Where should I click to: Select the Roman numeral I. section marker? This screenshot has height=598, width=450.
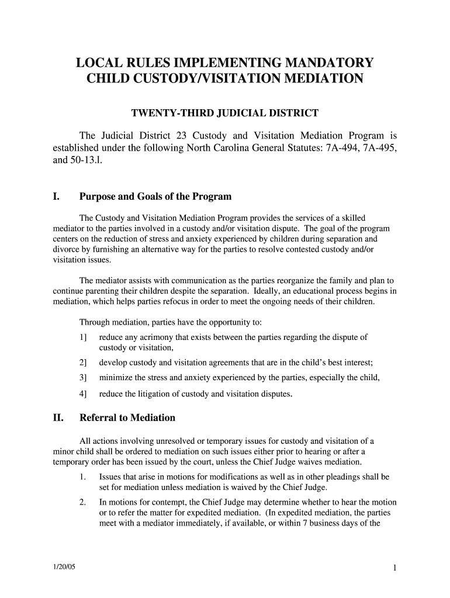tap(57, 197)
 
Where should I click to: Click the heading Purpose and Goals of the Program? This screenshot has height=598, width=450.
tap(155, 197)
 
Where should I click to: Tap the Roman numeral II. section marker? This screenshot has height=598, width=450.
tap(58, 418)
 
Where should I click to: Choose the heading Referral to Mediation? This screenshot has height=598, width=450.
tap(127, 418)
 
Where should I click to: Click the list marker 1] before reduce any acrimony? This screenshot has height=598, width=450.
tap(83, 338)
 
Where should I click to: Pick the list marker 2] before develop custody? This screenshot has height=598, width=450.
tap(83, 362)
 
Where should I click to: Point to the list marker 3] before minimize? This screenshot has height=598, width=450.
tap(83, 378)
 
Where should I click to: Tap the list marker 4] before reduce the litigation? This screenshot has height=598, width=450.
tap(83, 394)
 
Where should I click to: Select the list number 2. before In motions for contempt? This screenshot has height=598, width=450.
tap(83, 502)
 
